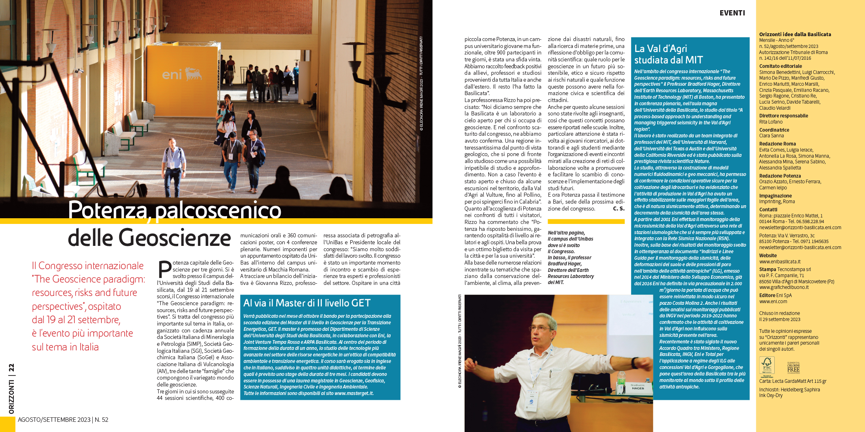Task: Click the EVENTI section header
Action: click(732, 13)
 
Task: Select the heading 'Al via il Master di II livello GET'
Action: click(307, 303)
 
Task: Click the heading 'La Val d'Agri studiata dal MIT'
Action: click(668, 54)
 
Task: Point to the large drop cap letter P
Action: click(164, 269)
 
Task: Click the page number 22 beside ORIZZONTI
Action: click(11, 367)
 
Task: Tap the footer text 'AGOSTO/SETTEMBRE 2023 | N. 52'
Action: click(63, 420)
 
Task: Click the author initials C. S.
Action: click(618, 208)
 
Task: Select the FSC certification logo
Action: click(767, 365)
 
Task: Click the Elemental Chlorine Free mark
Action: click(793, 367)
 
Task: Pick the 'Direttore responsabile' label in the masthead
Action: click(783, 116)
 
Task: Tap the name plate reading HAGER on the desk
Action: click(638, 388)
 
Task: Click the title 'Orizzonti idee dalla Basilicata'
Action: click(795, 35)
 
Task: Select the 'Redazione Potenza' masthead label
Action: click(780, 176)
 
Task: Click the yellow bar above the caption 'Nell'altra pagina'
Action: click(586, 221)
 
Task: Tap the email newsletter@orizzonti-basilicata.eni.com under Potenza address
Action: click(800, 247)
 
